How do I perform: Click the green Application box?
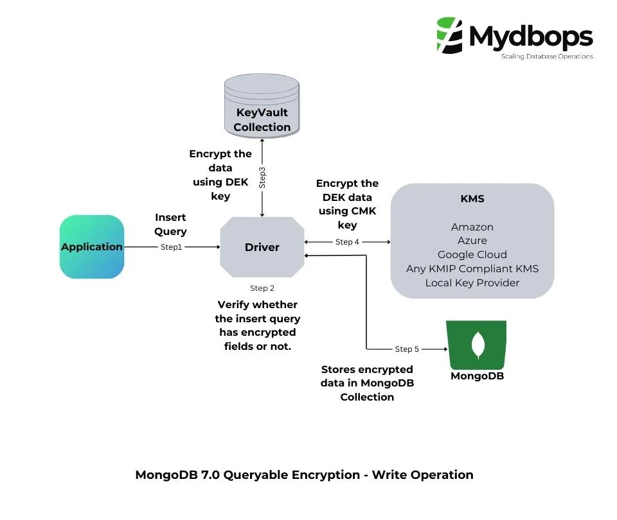click(x=91, y=247)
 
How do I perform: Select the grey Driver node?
click(x=262, y=247)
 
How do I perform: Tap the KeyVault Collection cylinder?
click(x=262, y=106)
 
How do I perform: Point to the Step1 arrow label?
click(x=172, y=247)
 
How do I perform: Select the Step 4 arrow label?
click(x=347, y=242)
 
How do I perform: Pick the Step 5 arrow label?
click(x=407, y=349)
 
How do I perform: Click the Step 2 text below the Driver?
click(x=262, y=288)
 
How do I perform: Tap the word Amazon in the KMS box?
click(x=472, y=227)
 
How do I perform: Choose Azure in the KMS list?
click(x=472, y=241)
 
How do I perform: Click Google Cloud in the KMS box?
click(x=472, y=254)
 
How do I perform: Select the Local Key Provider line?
click(x=472, y=282)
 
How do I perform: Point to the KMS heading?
click(x=472, y=199)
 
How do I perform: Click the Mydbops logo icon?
click(x=449, y=35)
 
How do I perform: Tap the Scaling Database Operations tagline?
click(x=547, y=56)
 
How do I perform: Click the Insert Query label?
click(x=170, y=225)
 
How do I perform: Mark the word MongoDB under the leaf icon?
click(x=477, y=376)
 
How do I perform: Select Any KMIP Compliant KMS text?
click(x=472, y=268)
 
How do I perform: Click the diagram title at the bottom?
click(x=304, y=475)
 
